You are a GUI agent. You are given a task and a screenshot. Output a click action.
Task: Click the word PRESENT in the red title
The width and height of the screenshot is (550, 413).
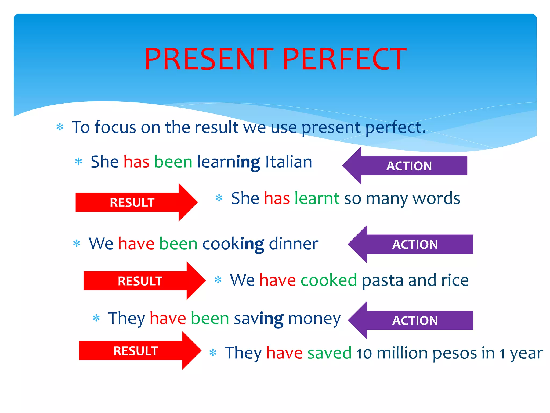click(209, 59)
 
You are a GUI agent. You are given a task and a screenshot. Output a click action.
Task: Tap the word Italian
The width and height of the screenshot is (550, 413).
click(288, 162)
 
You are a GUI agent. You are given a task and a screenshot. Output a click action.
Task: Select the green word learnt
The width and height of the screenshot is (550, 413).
click(317, 198)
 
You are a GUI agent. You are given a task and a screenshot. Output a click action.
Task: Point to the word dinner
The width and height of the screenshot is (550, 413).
click(293, 244)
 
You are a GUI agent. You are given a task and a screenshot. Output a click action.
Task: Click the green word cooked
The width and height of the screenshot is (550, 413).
click(329, 280)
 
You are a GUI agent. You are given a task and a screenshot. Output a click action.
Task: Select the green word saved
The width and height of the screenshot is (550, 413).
click(329, 353)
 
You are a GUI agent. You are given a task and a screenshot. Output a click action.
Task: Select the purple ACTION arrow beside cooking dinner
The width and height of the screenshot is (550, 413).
click(411, 244)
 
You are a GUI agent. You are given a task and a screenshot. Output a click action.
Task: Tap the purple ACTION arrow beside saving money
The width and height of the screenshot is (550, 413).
click(411, 320)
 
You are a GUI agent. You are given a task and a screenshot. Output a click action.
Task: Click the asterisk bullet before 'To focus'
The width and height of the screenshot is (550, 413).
click(60, 127)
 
